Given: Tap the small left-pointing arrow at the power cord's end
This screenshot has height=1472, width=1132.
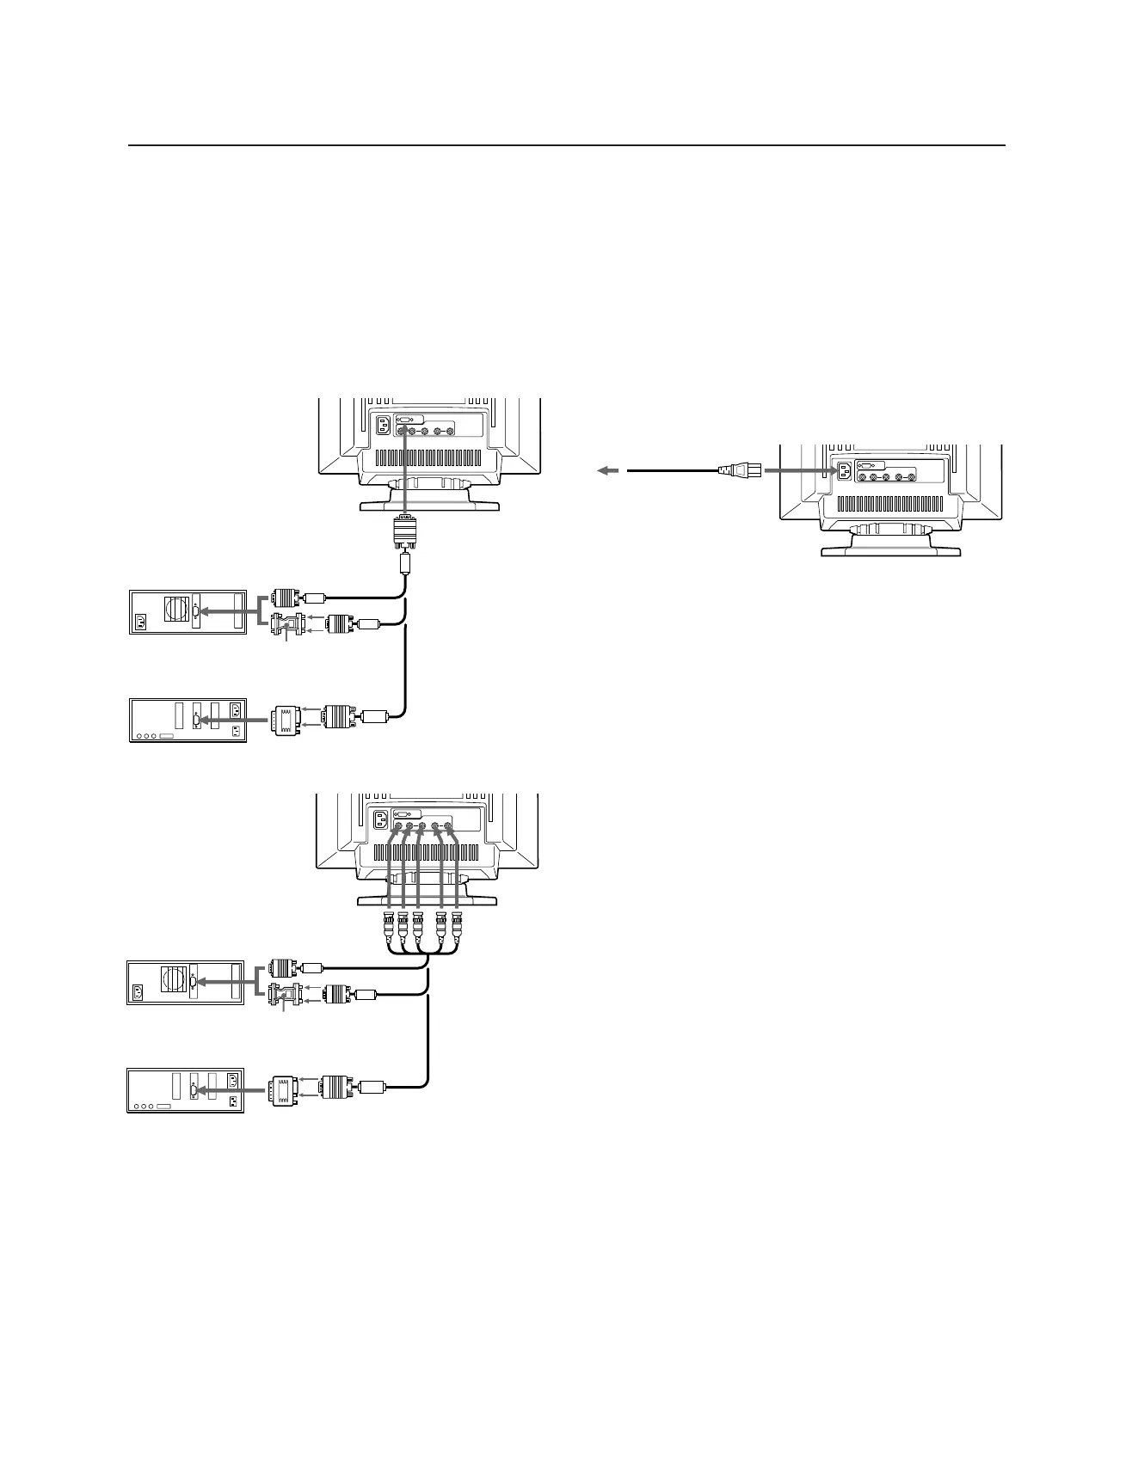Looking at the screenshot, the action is click(607, 470).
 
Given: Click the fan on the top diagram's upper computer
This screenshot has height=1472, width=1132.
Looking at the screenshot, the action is click(177, 609).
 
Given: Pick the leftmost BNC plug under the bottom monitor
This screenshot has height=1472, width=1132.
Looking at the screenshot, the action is click(389, 926).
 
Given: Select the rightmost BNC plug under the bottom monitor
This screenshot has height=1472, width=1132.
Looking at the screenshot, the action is click(457, 926).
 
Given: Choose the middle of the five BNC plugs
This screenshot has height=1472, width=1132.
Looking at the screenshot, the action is click(418, 926).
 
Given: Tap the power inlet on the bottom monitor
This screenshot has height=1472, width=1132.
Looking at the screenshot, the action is click(381, 819).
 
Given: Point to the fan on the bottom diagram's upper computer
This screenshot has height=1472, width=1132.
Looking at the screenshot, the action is click(175, 979).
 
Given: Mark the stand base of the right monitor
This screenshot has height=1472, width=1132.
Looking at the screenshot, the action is click(890, 549).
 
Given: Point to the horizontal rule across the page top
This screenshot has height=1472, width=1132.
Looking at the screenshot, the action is click(566, 145).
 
